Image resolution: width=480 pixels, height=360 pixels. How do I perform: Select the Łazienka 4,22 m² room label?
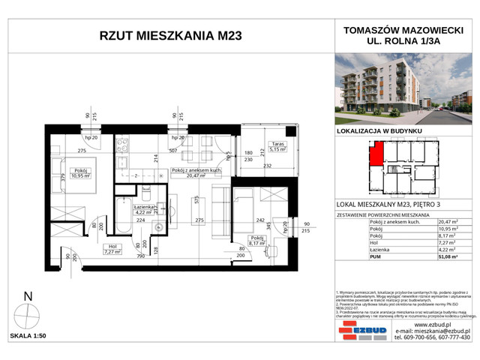(x=142, y=209)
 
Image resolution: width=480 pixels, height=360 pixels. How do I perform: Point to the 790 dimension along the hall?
(x=140, y=256)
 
